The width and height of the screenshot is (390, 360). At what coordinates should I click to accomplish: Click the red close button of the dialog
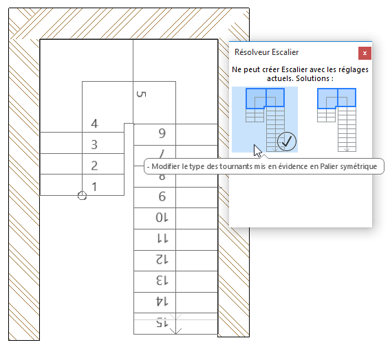pos(365,52)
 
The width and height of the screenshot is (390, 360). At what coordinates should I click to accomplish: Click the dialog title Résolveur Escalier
pos(266,52)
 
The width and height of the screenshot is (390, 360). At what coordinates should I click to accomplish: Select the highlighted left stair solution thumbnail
pos(264,119)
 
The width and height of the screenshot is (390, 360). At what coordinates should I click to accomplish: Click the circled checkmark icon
pos(286,142)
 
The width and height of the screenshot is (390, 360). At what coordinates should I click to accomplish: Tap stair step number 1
pos(94,186)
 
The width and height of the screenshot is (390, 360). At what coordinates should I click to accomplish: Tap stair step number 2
pos(94,166)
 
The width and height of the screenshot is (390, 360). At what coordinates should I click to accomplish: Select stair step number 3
pos(94,145)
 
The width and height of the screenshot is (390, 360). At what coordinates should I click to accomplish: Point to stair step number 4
pos(94,124)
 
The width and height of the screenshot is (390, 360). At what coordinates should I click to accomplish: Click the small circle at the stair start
pos(83,196)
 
